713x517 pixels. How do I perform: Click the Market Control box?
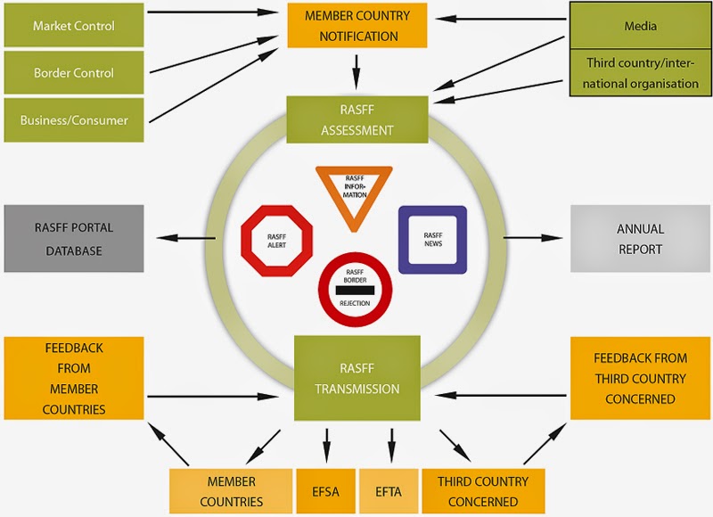pyautogui.click(x=73, y=26)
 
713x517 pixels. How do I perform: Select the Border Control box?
pyautogui.click(x=73, y=73)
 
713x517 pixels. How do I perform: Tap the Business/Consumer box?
pyautogui.click(x=73, y=120)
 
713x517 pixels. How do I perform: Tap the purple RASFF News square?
pyautogui.click(x=432, y=239)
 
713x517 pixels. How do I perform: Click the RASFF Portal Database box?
pyautogui.click(x=73, y=239)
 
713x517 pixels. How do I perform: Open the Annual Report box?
pyautogui.click(x=640, y=239)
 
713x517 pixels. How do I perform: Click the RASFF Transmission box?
pyautogui.click(x=356, y=378)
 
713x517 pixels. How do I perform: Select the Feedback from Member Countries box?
pyautogui.click(x=73, y=377)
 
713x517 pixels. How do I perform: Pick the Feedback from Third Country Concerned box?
pyautogui.click(x=640, y=378)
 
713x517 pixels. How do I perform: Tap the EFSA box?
pyautogui.click(x=326, y=491)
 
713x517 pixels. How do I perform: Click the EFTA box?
pyautogui.click(x=389, y=491)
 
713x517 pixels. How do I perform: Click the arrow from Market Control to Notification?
pyautogui.click(x=214, y=12)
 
